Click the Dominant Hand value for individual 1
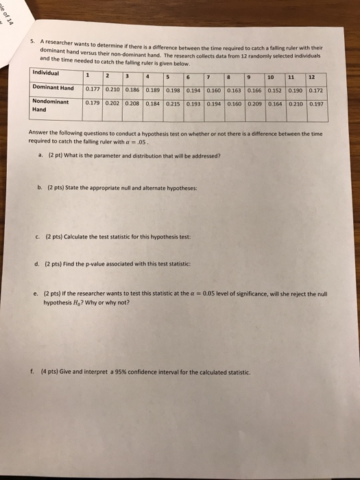93,88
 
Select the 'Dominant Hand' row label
53,87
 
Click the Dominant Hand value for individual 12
316,90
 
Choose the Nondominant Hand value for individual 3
132,103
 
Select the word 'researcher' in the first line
64,38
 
